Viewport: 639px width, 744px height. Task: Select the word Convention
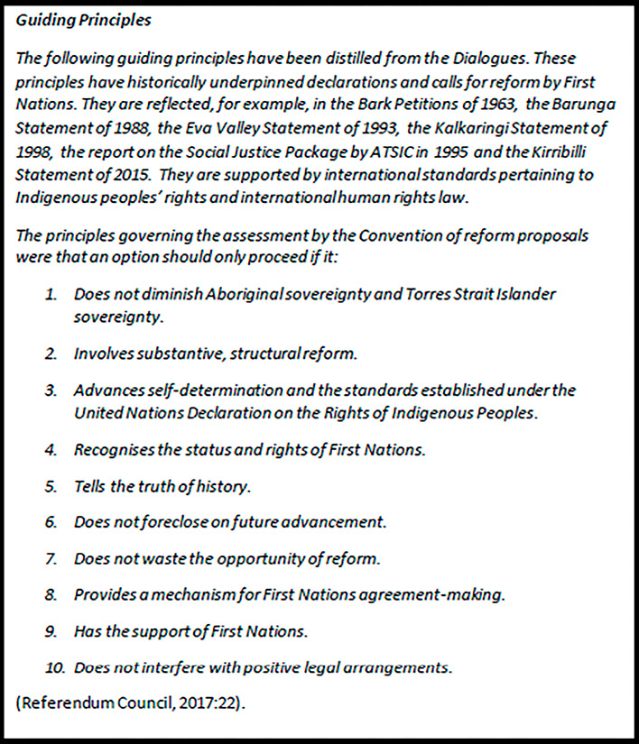[372, 236]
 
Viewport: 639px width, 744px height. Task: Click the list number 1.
[52, 295]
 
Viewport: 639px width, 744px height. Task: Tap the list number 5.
[52, 487]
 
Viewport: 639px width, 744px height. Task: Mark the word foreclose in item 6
[191, 522]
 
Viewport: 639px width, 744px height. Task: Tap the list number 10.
[53, 668]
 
